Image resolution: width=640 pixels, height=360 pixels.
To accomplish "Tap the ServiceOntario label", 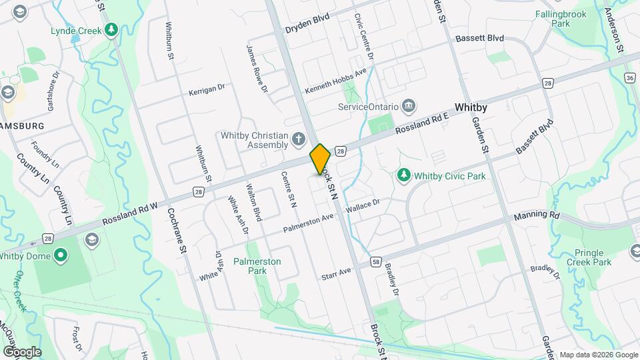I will [x=368, y=107].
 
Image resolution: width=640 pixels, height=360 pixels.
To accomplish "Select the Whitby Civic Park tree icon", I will [x=403, y=175].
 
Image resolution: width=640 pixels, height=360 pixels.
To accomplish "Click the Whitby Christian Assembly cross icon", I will [x=299, y=139].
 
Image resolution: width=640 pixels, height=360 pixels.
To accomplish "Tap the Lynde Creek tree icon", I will [x=111, y=30].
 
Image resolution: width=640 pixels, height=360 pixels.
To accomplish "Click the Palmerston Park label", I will [x=257, y=267].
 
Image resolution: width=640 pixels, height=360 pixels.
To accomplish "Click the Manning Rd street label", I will [x=537, y=217].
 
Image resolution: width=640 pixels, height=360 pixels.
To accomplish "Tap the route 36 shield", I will [x=629, y=78].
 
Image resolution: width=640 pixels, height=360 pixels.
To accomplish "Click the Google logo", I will [x=21, y=351].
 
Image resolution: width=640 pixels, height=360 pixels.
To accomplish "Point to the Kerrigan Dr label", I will [x=207, y=89].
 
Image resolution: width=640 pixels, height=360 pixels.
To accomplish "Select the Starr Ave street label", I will [x=335, y=273].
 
